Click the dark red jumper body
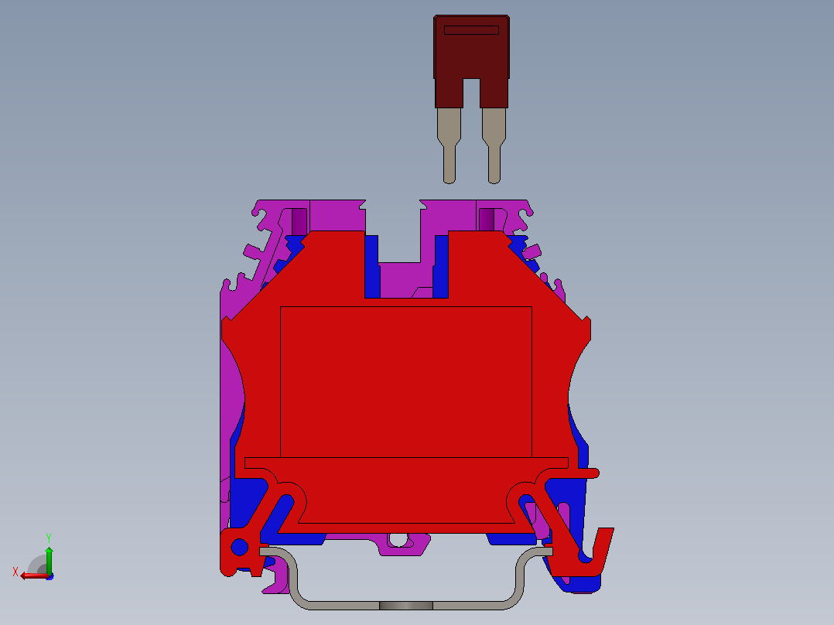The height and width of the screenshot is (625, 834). (x=471, y=53)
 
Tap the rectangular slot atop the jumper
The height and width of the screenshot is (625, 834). (x=471, y=30)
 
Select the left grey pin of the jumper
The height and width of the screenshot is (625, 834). (x=449, y=145)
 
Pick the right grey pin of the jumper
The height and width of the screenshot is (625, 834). (x=494, y=145)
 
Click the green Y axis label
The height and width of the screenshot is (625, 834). (x=49, y=538)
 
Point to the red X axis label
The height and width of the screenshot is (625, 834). (x=15, y=572)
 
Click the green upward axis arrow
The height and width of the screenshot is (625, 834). (x=49, y=560)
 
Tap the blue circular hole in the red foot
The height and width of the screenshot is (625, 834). (x=239, y=547)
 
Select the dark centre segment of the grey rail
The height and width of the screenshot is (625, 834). (x=406, y=606)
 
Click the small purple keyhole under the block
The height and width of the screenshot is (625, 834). (x=398, y=541)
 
